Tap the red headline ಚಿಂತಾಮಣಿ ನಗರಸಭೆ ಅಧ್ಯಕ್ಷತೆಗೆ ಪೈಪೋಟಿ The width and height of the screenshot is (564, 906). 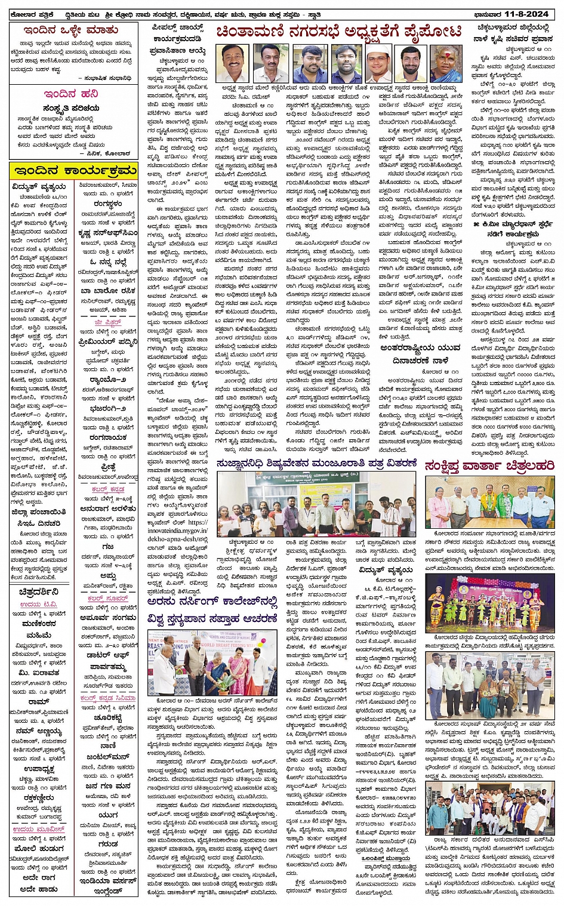[339, 32]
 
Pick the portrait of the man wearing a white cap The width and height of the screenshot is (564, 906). [378, 63]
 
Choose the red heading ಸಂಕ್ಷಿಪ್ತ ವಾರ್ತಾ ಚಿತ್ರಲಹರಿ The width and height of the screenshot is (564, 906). [489, 466]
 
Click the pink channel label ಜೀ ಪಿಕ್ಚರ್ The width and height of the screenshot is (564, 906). [107, 323]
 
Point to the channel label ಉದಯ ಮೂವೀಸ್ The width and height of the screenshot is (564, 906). [39, 829]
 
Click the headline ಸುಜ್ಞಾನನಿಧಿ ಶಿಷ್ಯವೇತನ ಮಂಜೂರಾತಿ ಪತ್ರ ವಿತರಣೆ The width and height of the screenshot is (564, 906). [317, 463]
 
